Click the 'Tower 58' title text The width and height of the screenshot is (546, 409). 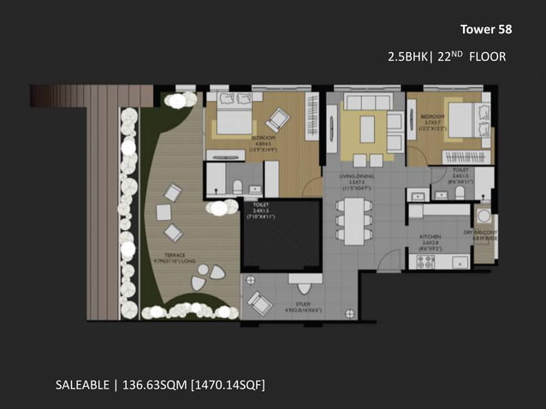485,29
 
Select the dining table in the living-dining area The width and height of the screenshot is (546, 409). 352,218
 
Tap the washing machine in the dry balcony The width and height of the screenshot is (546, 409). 484,216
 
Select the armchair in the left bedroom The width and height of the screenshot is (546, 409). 277,121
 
